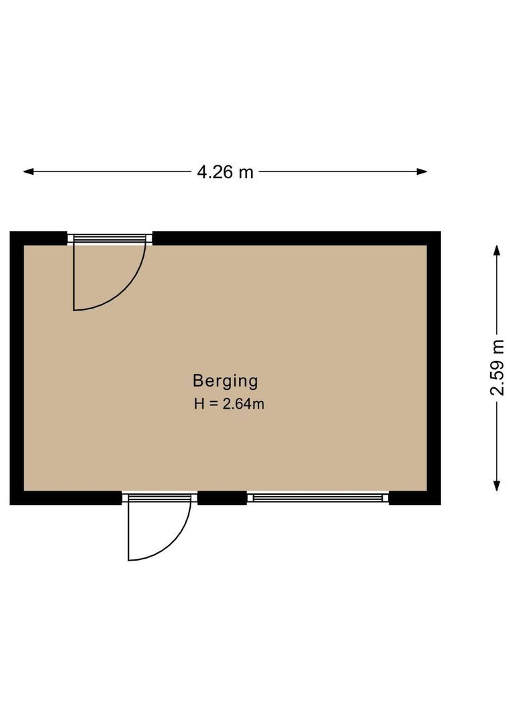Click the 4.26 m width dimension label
click(x=225, y=172)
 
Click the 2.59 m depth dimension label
click(x=497, y=368)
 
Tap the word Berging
click(x=225, y=381)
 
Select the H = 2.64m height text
click(x=228, y=404)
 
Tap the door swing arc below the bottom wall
click(x=175, y=541)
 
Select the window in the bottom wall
click(x=318, y=497)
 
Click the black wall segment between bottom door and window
click(x=222, y=498)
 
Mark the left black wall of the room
click(x=17, y=368)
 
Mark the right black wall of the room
click(x=434, y=368)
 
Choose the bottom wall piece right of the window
click(x=414, y=498)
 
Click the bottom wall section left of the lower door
click(x=67, y=498)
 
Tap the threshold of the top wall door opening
click(x=110, y=237)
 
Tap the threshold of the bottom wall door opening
click(x=160, y=497)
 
